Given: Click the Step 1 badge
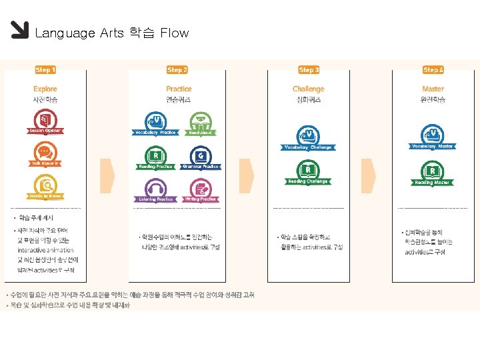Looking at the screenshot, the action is [45, 69].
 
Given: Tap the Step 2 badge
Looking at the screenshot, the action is [177, 69].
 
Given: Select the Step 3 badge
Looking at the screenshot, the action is [309, 69].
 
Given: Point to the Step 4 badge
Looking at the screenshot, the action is [433, 69].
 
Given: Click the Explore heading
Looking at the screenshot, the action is [45, 89].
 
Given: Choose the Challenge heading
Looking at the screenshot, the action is [308, 89].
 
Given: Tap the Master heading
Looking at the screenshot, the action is [433, 89].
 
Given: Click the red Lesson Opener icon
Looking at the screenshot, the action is [45, 120].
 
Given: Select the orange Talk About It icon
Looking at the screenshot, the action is [45, 153].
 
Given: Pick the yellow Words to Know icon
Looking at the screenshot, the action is [45, 185].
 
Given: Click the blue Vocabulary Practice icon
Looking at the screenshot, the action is [155, 121].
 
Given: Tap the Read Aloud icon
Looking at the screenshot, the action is [201, 121].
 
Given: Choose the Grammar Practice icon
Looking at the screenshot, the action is [201, 156].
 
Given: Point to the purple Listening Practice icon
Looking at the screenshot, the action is [155, 189].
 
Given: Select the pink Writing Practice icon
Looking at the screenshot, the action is [201, 189].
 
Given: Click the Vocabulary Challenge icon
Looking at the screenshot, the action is [307, 136].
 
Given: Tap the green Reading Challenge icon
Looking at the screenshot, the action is [307, 170].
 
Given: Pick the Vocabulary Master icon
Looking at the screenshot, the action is [433, 135].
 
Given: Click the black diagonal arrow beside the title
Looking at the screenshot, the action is [20, 31].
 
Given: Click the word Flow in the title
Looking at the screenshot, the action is [175, 33].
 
